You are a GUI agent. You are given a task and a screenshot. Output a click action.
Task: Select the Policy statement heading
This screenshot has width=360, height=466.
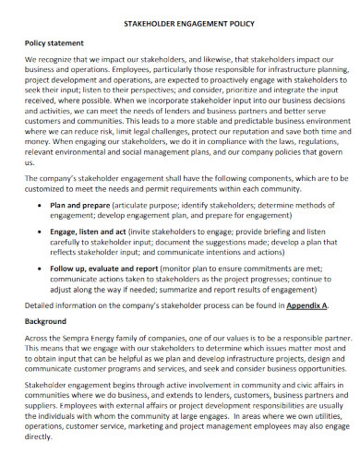click(x=55, y=42)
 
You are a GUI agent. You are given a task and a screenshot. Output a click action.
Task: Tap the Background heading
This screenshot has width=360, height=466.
click(x=47, y=320)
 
